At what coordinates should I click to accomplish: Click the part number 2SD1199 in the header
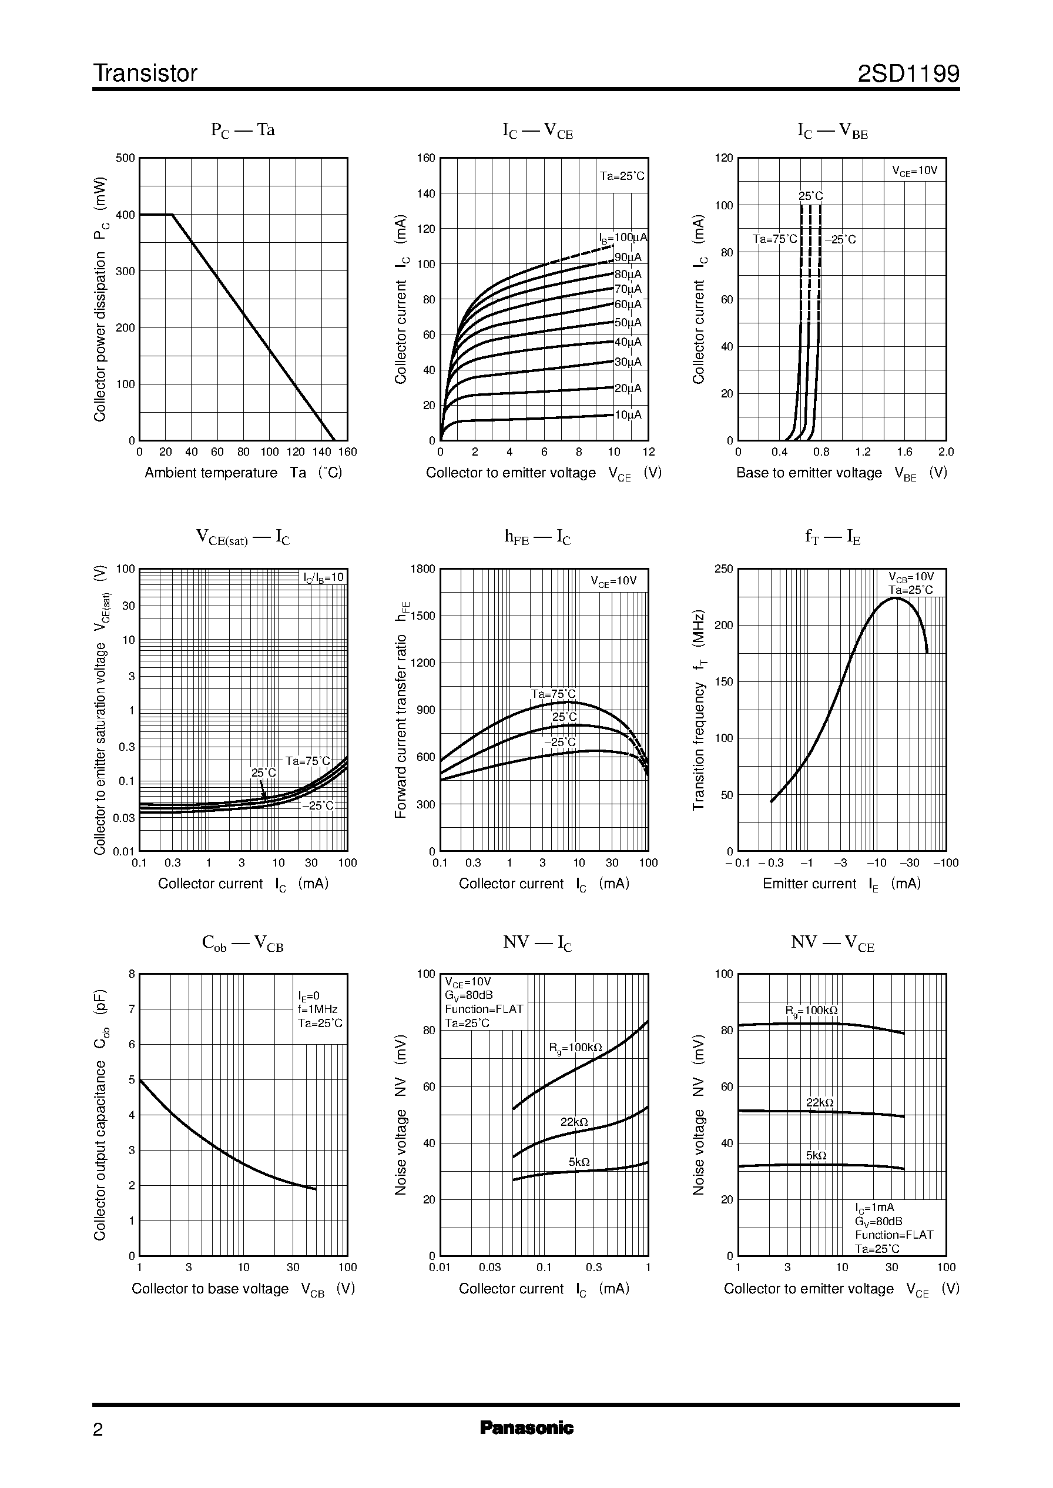(908, 74)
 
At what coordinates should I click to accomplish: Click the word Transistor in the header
(145, 74)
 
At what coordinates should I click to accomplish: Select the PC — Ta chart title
(243, 131)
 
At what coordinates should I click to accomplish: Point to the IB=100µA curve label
(622, 238)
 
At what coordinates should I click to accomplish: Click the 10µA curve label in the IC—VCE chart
(628, 415)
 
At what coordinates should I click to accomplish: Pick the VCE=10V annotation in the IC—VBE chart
(914, 171)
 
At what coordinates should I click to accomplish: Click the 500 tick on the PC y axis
(125, 158)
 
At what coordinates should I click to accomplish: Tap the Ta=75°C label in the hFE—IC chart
(552, 694)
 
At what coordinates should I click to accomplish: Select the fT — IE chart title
(832, 537)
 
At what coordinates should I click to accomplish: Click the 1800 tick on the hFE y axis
(422, 569)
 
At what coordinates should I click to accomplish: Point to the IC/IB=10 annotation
(324, 578)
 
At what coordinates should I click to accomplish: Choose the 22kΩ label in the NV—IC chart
(574, 1122)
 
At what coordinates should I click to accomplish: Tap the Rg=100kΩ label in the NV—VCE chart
(811, 1011)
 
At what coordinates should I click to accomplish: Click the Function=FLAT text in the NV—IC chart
(483, 1009)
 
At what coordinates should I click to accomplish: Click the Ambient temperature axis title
(211, 473)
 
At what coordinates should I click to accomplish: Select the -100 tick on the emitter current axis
(945, 862)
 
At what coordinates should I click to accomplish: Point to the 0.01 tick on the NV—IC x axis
(440, 1268)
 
